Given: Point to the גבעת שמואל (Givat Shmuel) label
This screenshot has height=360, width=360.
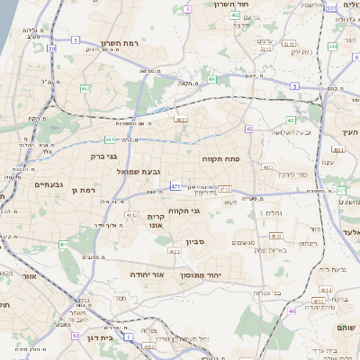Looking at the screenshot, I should pos(137,171).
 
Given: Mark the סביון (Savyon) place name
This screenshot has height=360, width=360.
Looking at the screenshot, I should pos(196,241).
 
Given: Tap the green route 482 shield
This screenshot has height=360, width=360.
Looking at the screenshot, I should pos(85,87).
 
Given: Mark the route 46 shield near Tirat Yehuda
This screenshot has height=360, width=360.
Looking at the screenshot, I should pos(292,310).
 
